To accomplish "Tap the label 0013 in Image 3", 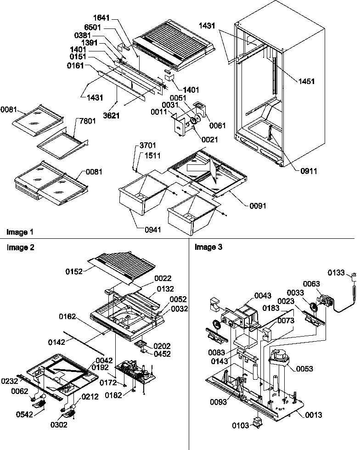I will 313,415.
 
